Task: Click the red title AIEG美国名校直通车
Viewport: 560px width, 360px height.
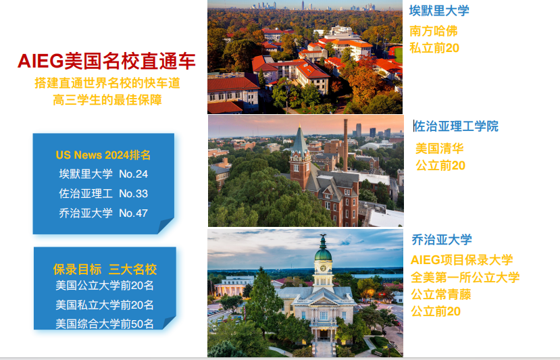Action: coord(107,61)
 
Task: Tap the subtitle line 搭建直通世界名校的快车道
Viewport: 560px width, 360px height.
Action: coord(107,83)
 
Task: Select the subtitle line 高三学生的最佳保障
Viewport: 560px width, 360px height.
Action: coord(107,100)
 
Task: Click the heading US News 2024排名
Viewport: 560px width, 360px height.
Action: coord(103,155)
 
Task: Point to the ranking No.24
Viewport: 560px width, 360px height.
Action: coord(133,174)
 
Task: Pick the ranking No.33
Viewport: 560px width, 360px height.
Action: coord(133,194)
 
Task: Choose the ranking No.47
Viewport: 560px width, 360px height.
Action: coord(133,213)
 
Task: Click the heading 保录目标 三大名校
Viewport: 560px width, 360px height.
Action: coord(105,269)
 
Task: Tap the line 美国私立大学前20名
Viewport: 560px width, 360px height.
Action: coord(104,305)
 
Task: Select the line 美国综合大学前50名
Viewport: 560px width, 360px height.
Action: coord(104,324)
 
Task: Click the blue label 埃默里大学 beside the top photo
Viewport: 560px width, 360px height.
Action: coord(439,10)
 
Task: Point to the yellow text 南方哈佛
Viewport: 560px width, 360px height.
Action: coord(433,31)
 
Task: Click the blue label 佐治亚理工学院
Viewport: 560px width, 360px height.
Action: coord(456,126)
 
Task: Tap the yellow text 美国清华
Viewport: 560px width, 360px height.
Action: coord(439,148)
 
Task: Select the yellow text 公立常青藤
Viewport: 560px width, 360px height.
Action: coord(440,294)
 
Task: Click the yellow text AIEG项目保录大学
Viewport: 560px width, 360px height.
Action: coord(462,259)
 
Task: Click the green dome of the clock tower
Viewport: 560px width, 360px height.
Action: coord(323,253)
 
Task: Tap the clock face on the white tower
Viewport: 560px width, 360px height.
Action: coord(323,268)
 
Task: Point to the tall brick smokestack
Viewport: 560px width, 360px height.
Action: coord(345,145)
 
